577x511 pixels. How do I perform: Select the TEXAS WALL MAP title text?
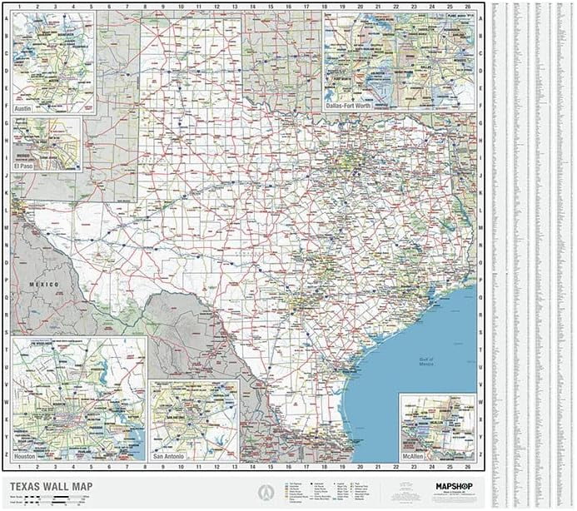point(51,487)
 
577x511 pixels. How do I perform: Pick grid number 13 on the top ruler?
point(234,6)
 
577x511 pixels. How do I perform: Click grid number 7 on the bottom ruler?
point(127,467)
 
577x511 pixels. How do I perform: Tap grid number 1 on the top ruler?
point(19,6)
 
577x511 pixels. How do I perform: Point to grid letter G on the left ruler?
point(7,122)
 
